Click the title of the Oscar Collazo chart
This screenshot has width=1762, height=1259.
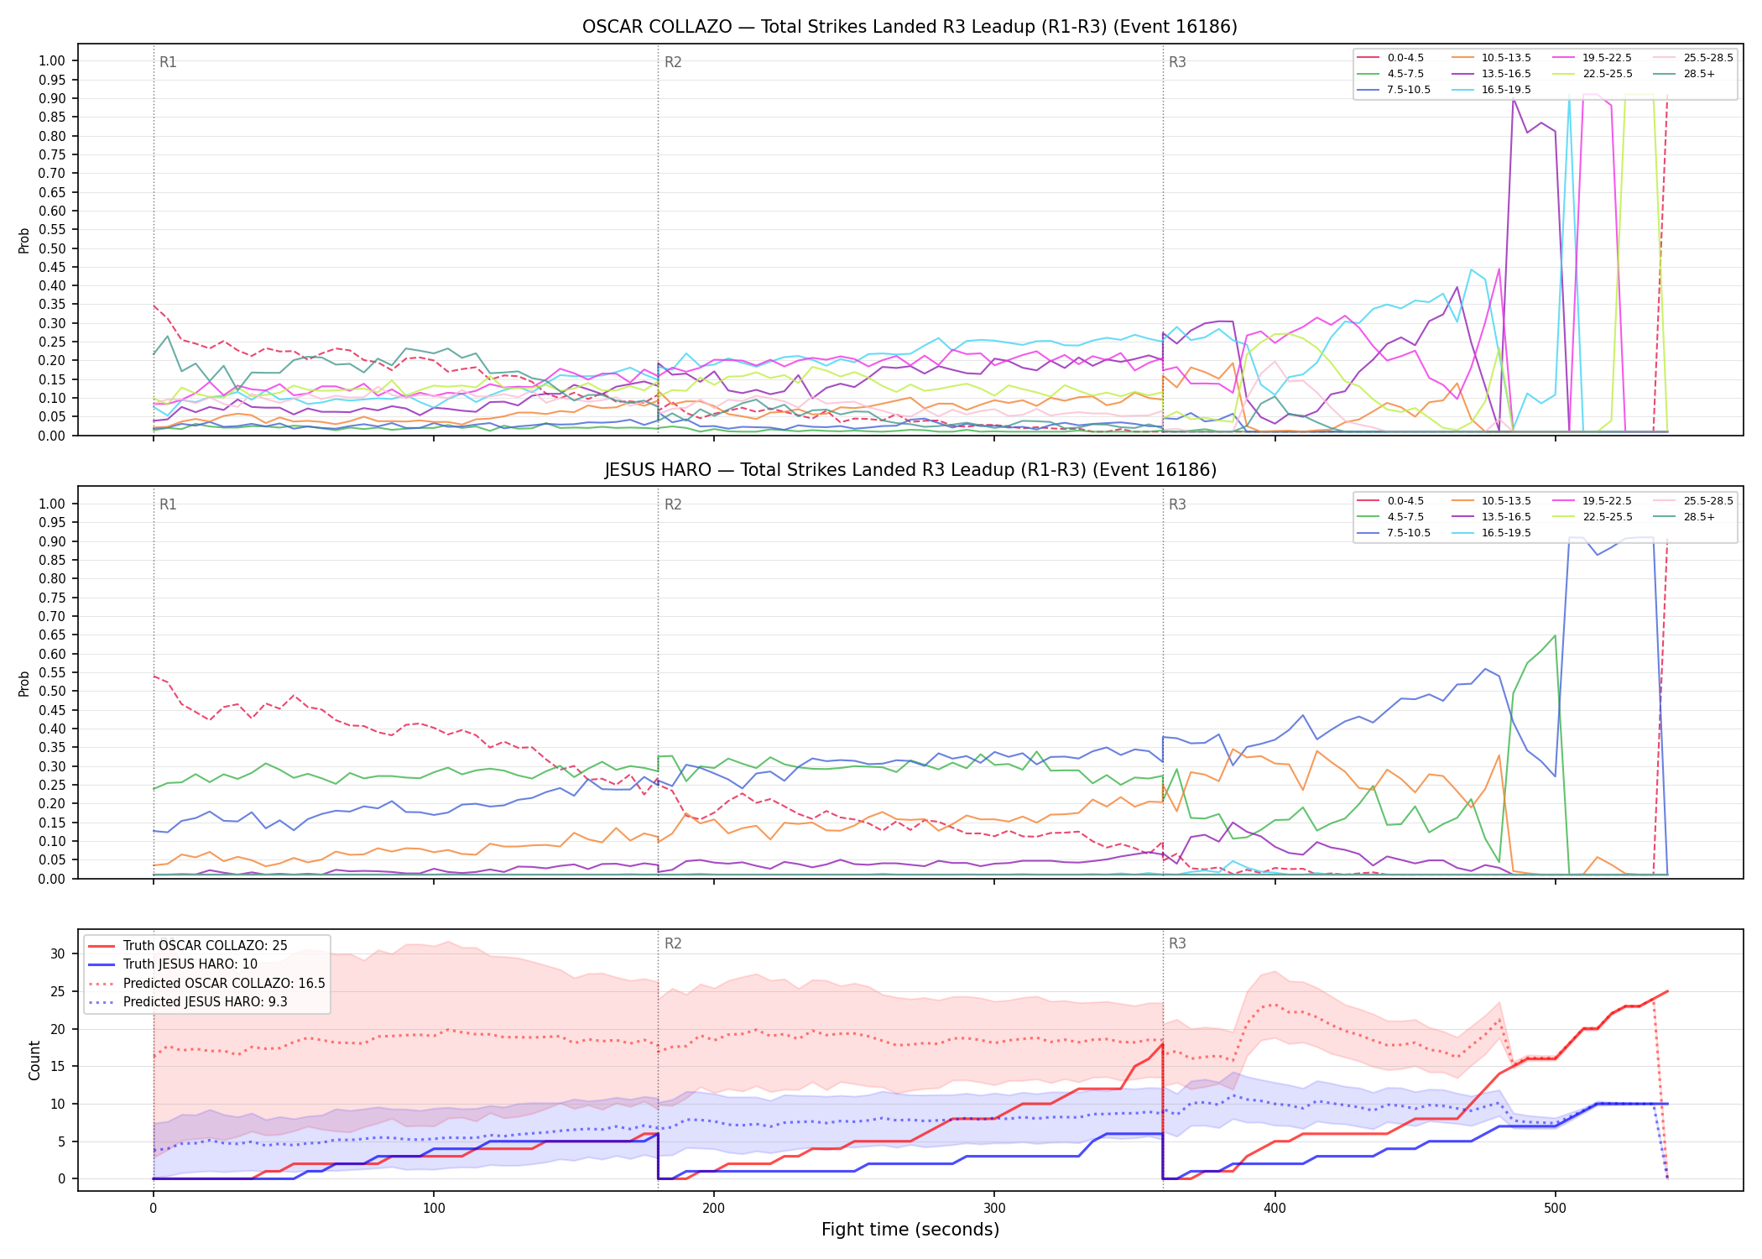(x=910, y=27)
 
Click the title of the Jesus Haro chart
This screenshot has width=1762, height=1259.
(x=910, y=470)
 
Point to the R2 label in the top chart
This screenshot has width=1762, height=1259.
(x=673, y=62)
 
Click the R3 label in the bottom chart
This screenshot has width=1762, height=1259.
(x=1177, y=943)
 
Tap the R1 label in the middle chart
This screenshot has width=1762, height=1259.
(x=168, y=504)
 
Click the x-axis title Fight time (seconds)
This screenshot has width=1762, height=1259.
(x=910, y=1230)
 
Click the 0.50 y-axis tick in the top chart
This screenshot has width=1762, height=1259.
(x=52, y=248)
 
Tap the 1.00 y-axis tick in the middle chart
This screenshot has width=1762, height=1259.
(x=52, y=504)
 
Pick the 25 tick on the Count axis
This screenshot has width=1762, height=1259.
(x=58, y=991)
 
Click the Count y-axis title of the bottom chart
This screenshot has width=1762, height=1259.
(x=34, y=1060)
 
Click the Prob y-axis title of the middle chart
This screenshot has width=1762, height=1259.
(x=24, y=683)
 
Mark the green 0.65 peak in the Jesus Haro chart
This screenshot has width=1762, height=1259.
(x=1555, y=635)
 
